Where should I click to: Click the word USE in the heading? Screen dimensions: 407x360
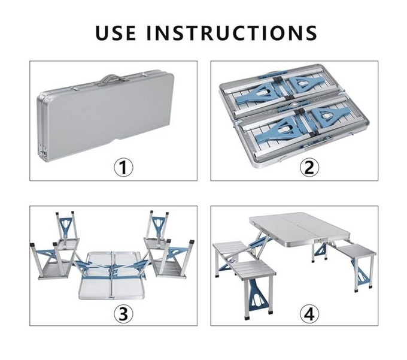[116, 33]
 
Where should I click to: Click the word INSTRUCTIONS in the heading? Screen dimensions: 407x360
[232, 33]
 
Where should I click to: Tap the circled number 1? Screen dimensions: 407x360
[123, 168]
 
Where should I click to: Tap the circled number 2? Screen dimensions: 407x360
[309, 168]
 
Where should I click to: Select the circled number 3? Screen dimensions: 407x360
[123, 313]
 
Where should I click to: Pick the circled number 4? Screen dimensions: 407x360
[309, 313]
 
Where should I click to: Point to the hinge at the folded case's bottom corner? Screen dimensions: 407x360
[43, 153]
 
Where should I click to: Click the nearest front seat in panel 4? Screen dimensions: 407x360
[254, 271]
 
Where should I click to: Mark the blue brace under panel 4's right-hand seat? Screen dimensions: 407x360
[362, 273]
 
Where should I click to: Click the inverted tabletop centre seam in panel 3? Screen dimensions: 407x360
[112, 275]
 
